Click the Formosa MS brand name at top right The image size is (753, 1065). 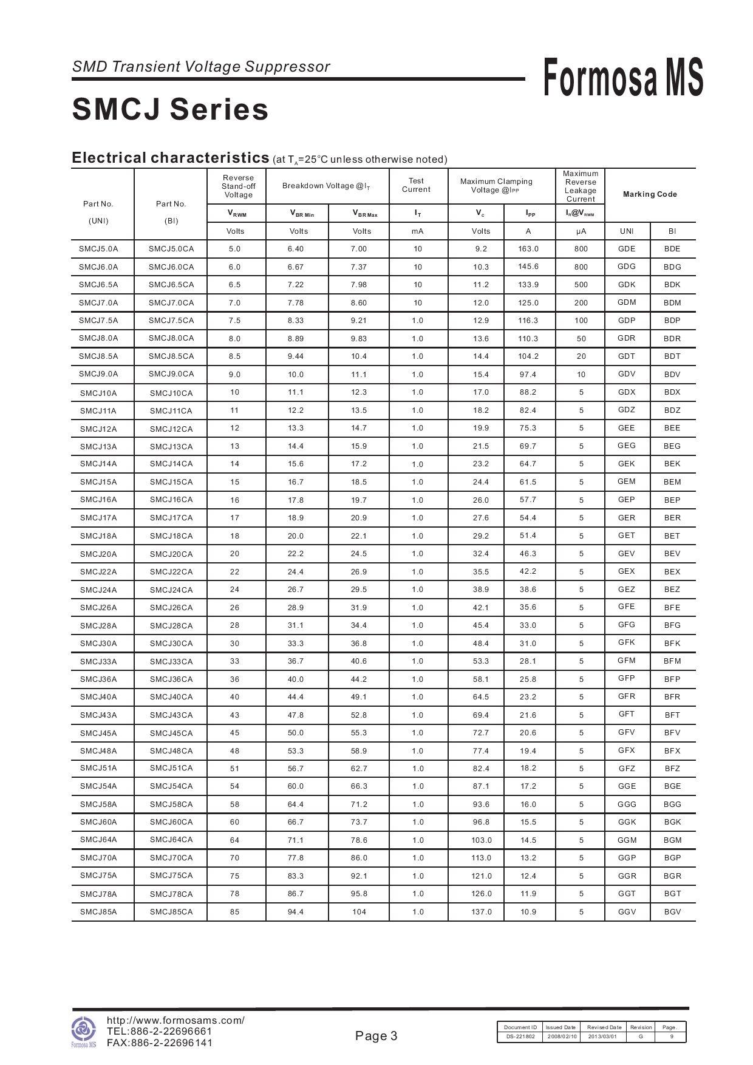623,78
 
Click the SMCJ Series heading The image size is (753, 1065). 170,110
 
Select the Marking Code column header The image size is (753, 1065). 649,194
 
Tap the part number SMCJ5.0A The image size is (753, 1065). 98,249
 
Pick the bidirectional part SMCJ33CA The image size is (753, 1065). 171,662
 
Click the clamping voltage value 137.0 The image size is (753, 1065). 481,912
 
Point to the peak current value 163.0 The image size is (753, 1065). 528,249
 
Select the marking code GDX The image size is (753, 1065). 626,392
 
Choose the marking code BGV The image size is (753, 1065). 672,912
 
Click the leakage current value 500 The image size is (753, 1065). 581,285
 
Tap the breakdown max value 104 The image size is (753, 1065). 359,912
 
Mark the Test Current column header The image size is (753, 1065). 416,185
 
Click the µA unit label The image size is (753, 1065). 581,231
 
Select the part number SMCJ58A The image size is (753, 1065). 98,805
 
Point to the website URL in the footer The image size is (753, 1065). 175,1021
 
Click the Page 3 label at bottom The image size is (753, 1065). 376,1036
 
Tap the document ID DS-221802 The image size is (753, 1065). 520,1036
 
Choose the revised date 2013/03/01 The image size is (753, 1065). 602,1036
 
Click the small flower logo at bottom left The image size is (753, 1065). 84,1030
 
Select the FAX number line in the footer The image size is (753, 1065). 160,1043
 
